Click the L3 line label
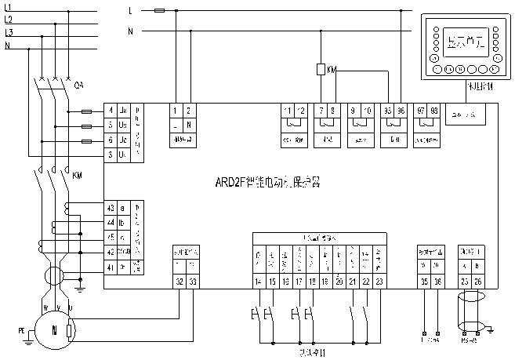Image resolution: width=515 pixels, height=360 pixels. tap(9, 33)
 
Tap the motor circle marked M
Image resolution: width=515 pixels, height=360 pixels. tap(54, 331)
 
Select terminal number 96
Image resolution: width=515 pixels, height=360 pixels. tap(401, 111)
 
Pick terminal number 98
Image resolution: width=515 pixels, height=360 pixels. tap(435, 111)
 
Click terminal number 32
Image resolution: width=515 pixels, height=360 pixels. tap(180, 280)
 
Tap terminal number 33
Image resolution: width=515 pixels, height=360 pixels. tap(194, 280)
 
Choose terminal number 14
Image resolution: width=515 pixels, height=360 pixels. tap(259, 280)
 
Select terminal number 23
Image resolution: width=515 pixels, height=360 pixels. tap(379, 280)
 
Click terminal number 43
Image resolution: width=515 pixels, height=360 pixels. tap(111, 207)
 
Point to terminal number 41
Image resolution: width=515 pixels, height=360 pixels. tap(111, 267)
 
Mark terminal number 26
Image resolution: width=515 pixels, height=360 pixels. tap(477, 280)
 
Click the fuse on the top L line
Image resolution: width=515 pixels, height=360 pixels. tap(160, 11)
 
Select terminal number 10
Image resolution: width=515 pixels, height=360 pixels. tap(368, 111)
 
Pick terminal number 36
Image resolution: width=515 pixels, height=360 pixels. tap(436, 280)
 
